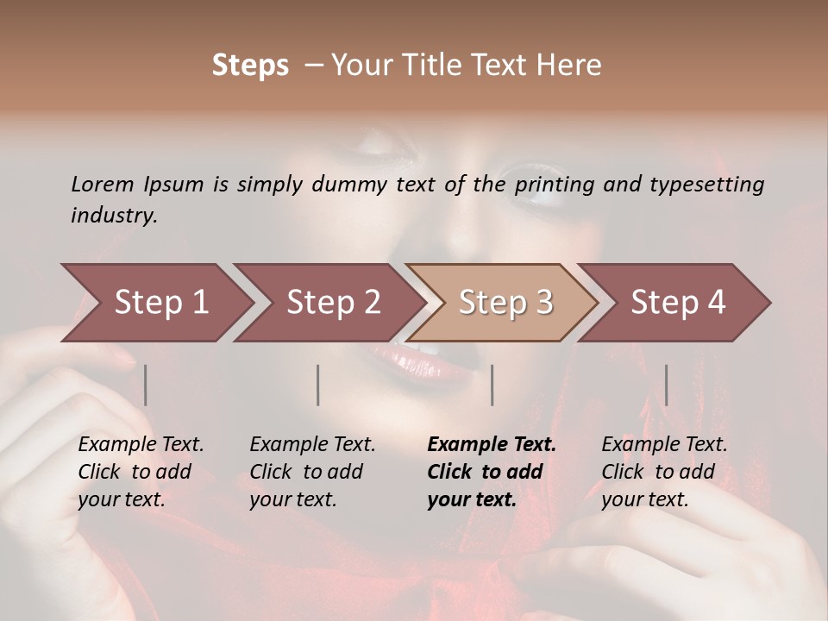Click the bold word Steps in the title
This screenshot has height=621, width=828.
pyautogui.click(x=250, y=66)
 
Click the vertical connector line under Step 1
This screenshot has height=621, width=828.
pyautogui.click(x=146, y=385)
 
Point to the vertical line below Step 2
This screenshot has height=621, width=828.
pyautogui.click(x=318, y=385)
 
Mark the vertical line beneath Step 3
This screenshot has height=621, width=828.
pyautogui.click(x=492, y=385)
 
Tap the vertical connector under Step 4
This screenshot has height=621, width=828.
pyautogui.click(x=666, y=385)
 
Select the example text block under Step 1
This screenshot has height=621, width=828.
pyautogui.click(x=141, y=472)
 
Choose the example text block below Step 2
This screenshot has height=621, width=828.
pyautogui.click(x=312, y=472)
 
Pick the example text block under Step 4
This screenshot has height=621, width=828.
pyautogui.click(x=664, y=472)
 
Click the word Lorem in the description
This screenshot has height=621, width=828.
pyautogui.click(x=103, y=184)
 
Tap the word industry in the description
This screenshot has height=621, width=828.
pyautogui.click(x=114, y=216)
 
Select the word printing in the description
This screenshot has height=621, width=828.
pyautogui.click(x=553, y=185)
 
